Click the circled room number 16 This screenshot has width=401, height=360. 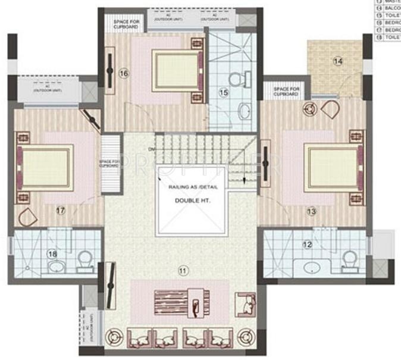click(124, 73)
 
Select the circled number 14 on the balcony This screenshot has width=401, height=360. click(338, 61)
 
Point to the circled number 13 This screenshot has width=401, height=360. click(311, 211)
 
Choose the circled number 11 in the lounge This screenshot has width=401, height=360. click(183, 271)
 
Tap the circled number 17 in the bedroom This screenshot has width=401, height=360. click(60, 209)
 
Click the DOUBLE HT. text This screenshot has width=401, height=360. click(189, 201)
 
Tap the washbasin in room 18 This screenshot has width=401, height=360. click(57, 265)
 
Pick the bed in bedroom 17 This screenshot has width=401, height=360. click(46, 167)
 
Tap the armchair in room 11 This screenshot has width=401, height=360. click(244, 303)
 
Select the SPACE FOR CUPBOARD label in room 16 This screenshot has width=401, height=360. click(125, 24)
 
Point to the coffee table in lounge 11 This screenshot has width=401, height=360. click(178, 302)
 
